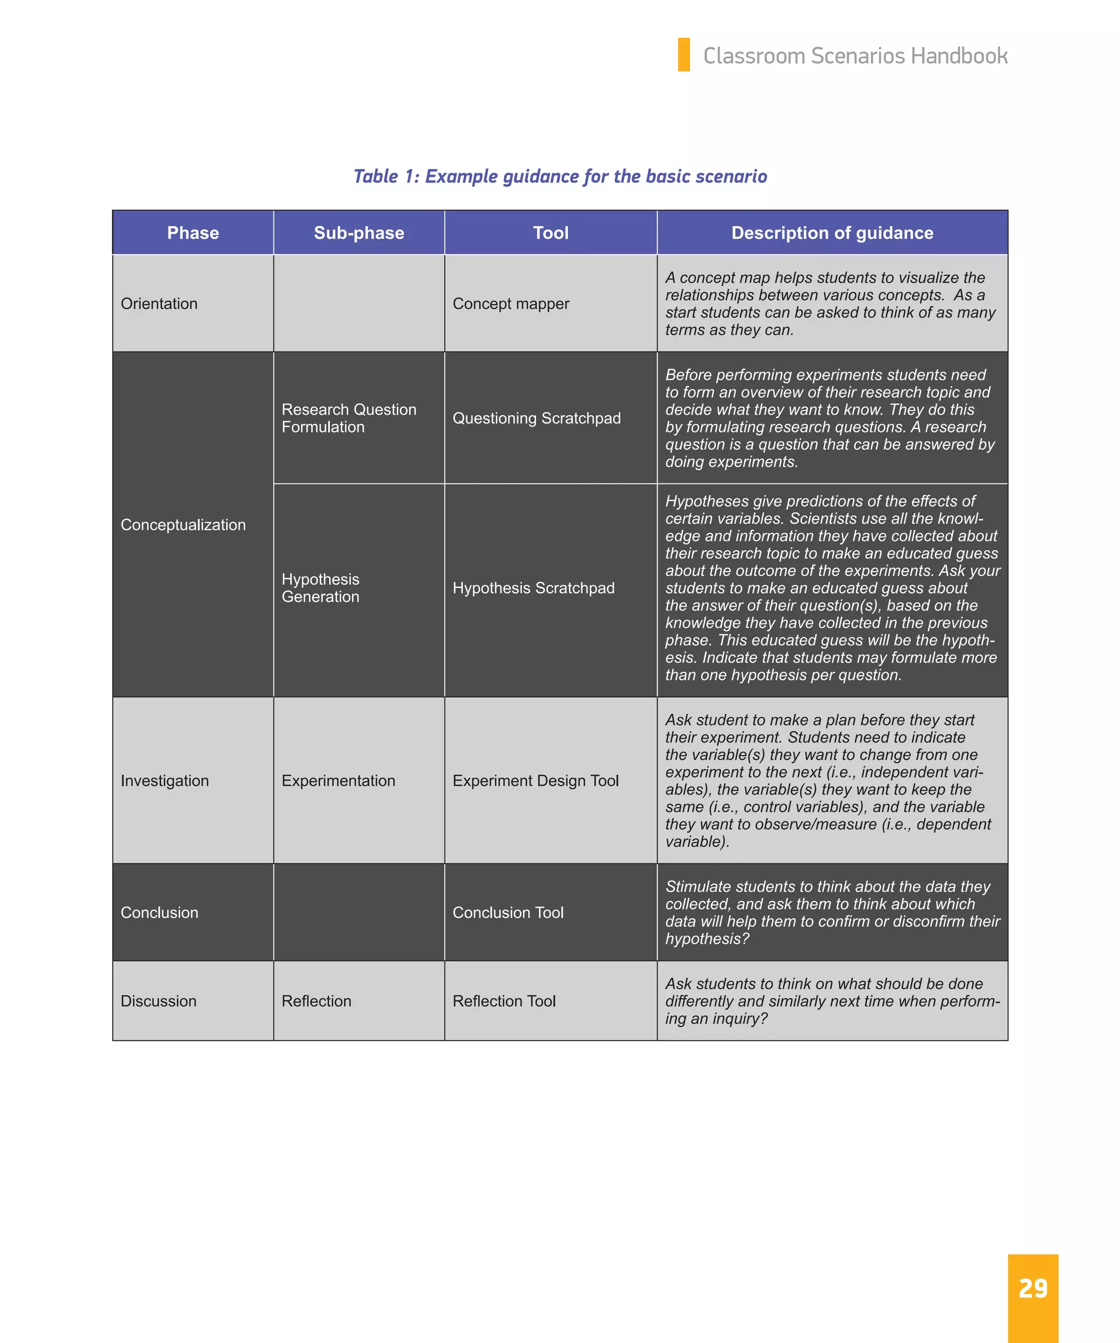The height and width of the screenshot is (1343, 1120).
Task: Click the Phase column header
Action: click(x=192, y=233)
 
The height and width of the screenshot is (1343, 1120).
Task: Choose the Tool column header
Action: click(x=550, y=233)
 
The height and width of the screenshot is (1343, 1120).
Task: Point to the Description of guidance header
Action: click(x=832, y=233)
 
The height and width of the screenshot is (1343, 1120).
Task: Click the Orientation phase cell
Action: click(x=159, y=303)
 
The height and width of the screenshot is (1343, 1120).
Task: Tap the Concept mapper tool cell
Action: click(x=510, y=303)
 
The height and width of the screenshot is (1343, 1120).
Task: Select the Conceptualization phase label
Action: click(x=183, y=525)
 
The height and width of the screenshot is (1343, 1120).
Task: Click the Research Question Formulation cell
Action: click(x=349, y=417)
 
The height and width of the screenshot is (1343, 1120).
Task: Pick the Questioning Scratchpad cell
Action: click(x=536, y=417)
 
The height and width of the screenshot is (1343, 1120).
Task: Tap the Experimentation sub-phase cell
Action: click(x=338, y=780)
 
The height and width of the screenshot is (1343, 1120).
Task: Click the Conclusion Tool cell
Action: click(x=507, y=912)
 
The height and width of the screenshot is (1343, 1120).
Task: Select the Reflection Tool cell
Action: click(x=504, y=1000)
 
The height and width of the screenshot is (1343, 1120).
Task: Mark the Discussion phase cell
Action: click(x=158, y=1000)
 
